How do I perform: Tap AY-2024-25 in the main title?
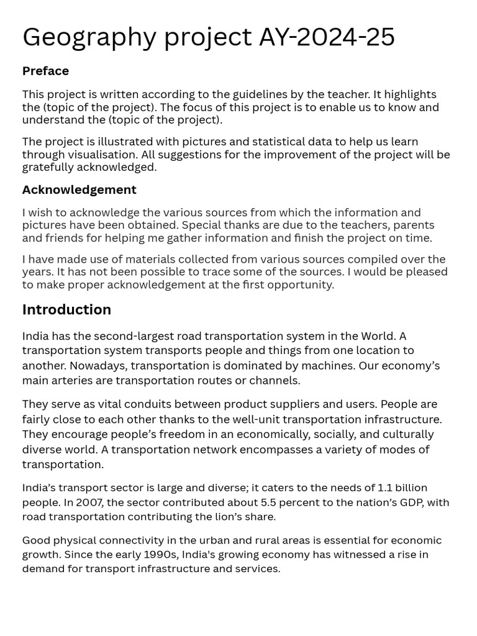[327, 37]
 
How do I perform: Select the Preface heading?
[45, 71]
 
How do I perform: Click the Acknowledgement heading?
[79, 189]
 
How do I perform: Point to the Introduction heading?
[66, 309]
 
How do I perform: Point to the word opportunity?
[301, 284]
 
